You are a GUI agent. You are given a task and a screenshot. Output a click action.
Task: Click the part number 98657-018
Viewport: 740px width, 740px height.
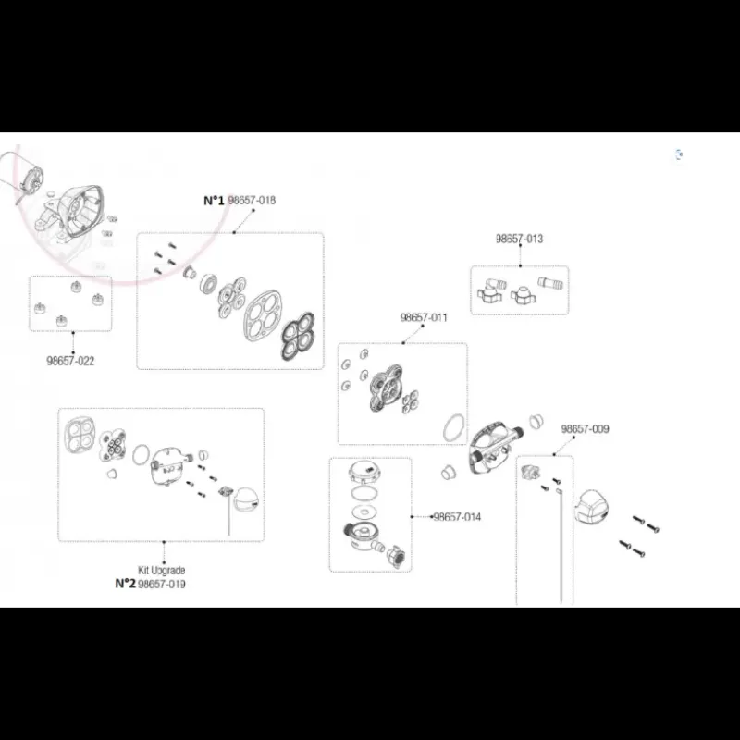252,200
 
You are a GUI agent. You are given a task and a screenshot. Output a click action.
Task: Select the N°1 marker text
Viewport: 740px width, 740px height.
214,201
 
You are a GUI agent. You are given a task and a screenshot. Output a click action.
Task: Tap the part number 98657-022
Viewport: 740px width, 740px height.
70,361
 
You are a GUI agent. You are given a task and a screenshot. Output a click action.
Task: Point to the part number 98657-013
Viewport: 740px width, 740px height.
519,239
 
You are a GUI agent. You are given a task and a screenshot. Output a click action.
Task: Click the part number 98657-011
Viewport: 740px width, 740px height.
424,317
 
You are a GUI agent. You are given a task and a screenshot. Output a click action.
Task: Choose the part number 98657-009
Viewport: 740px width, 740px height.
585,429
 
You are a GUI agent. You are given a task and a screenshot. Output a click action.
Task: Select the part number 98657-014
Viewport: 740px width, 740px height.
457,517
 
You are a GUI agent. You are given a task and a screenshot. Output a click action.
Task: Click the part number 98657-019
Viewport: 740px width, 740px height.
161,585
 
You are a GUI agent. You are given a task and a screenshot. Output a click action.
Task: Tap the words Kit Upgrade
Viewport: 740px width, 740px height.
161,571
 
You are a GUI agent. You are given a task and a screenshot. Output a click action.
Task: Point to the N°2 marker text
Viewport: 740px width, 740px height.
126,584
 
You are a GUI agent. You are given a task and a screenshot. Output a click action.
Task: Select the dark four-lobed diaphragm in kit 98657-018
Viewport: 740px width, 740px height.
298,336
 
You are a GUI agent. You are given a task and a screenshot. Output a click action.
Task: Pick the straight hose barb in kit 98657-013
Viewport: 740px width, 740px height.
550,284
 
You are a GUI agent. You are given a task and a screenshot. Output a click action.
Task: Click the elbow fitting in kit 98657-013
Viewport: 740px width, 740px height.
491,290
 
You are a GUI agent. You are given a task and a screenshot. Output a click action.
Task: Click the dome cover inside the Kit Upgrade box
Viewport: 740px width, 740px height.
247,501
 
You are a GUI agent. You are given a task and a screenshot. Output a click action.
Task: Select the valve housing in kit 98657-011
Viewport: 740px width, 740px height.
386,387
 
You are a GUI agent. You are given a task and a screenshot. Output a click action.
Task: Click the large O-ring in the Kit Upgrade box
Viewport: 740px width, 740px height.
141,454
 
